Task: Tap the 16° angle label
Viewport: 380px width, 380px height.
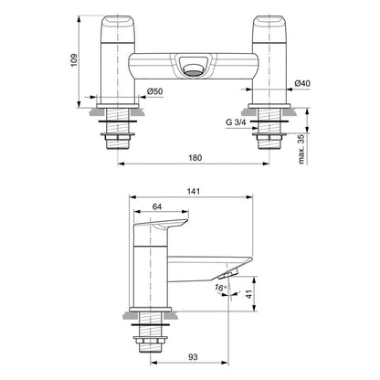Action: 219,288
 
